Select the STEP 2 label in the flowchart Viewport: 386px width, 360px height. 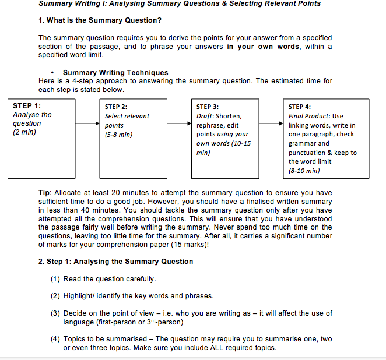tap(115, 107)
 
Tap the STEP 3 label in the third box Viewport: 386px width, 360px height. tap(208, 107)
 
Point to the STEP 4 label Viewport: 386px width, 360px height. tap(300, 107)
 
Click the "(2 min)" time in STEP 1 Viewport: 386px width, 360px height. tap(24, 132)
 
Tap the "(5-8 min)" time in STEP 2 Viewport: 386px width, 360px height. tap(118, 135)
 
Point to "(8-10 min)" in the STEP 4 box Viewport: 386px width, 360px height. tap(304, 171)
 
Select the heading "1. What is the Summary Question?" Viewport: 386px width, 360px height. tap(100, 20)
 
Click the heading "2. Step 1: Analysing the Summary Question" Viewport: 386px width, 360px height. tap(115, 262)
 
